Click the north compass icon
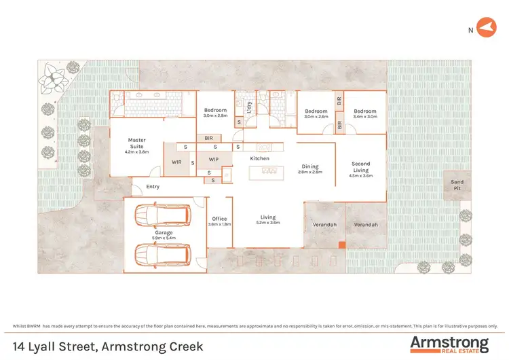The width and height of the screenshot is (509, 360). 483,29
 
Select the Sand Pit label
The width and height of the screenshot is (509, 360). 457,185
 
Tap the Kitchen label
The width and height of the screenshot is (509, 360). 260,158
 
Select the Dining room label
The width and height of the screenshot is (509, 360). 310,166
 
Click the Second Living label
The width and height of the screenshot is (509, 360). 360,166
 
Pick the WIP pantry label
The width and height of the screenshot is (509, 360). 213,160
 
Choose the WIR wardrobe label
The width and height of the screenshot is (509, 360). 176,162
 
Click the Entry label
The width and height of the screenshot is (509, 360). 152,187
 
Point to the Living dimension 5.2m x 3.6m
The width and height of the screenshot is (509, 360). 269,222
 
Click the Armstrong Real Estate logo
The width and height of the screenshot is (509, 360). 449,344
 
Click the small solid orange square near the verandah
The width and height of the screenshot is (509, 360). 343,245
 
